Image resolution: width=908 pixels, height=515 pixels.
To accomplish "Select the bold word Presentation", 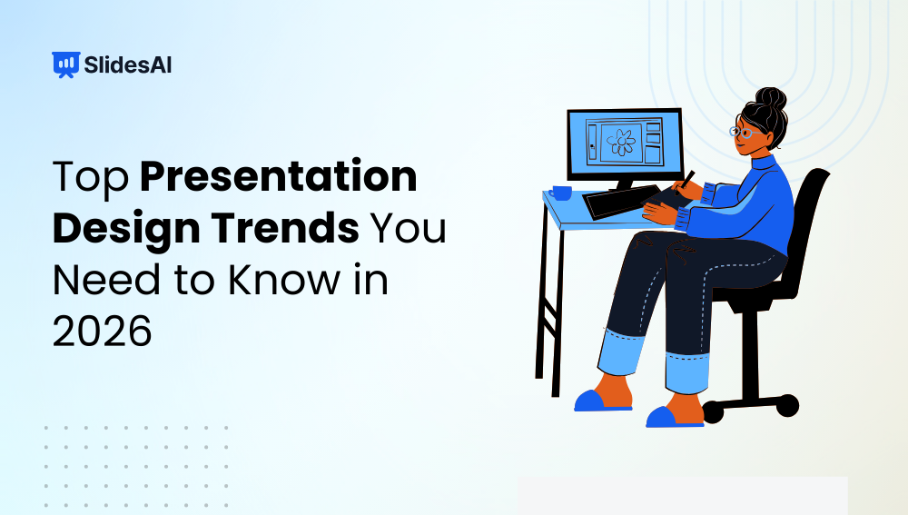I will pyautogui.click(x=279, y=178).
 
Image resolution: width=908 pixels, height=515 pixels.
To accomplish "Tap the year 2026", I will pyautogui.click(x=102, y=332).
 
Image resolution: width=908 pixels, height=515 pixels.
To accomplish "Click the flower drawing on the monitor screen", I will pyautogui.click(x=623, y=142).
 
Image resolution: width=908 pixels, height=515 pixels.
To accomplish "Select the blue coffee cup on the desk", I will pyautogui.click(x=560, y=193).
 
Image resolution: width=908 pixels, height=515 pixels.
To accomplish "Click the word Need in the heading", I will pyautogui.click(x=101, y=281).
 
